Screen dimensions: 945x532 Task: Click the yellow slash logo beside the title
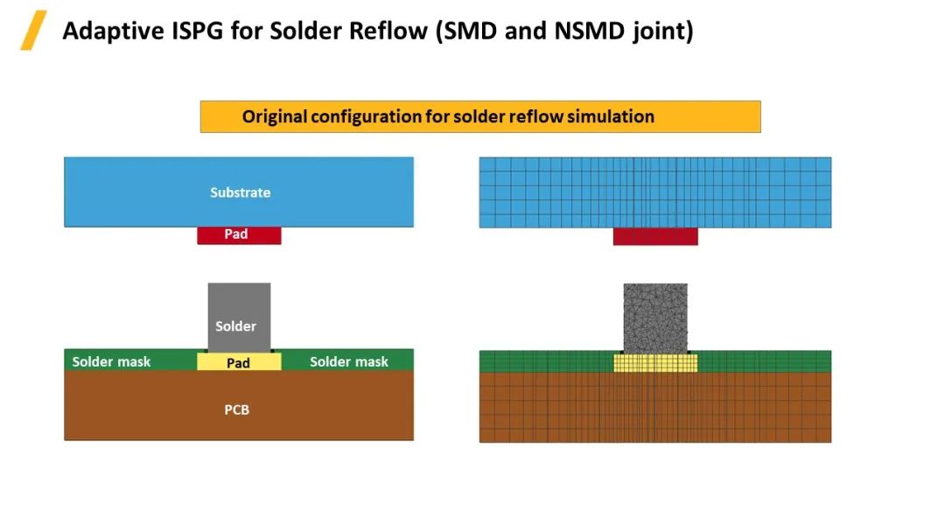click(33, 31)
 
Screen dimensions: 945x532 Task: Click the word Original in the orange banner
click(274, 116)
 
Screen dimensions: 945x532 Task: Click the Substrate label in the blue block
click(240, 192)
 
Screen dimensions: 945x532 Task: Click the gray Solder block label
click(236, 326)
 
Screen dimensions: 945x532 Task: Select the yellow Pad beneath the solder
click(238, 362)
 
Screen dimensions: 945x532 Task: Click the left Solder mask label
click(111, 361)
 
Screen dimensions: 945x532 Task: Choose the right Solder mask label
click(348, 361)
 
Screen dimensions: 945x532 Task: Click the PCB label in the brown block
click(236, 409)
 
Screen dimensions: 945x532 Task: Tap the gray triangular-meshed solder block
click(654, 318)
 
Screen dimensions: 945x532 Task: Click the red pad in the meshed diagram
click(654, 236)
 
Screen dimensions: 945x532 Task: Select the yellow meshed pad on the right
click(654, 362)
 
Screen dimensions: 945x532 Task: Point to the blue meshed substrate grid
click(654, 192)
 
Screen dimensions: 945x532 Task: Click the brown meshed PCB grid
click(654, 407)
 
